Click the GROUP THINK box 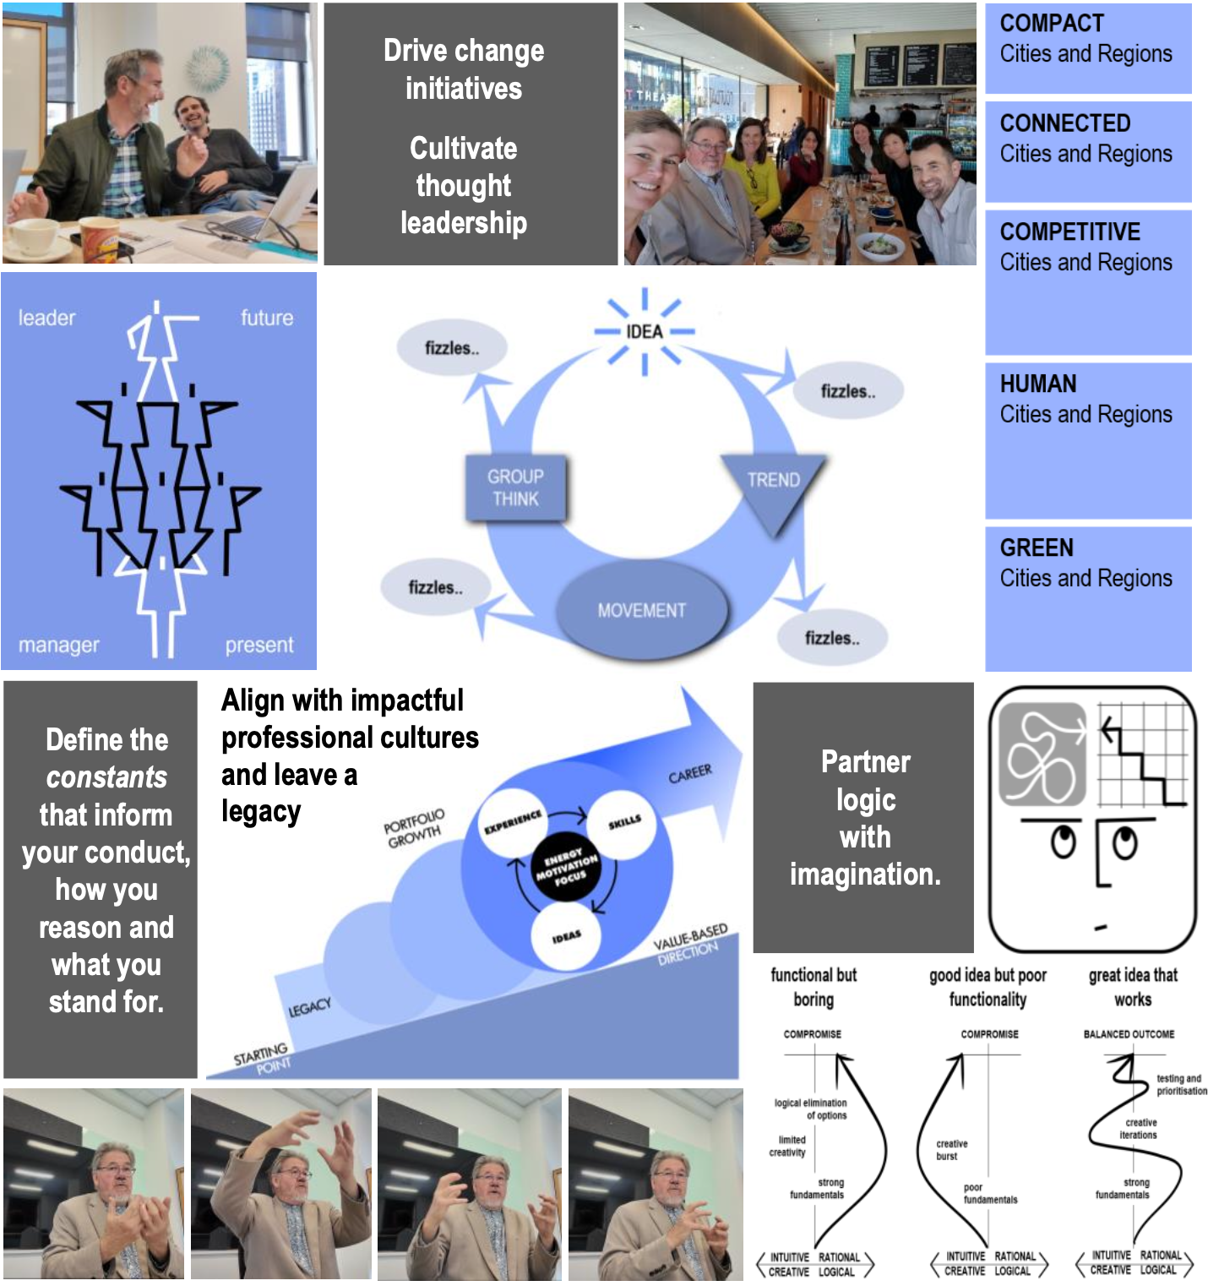coord(515,488)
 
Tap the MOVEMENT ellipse coord(642,610)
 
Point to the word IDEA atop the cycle coord(644,331)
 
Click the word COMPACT coord(1052,24)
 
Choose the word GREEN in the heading coord(1037,548)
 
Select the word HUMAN coord(1038,384)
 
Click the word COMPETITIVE coord(1069,232)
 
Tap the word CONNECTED coord(1064,123)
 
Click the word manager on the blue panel coord(59,645)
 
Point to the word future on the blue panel coord(267,318)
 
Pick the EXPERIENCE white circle coord(513,822)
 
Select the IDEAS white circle coord(566,936)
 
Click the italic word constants coord(106,777)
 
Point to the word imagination coord(864,875)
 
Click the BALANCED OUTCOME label coord(1129,1034)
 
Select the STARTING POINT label coord(262,1058)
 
